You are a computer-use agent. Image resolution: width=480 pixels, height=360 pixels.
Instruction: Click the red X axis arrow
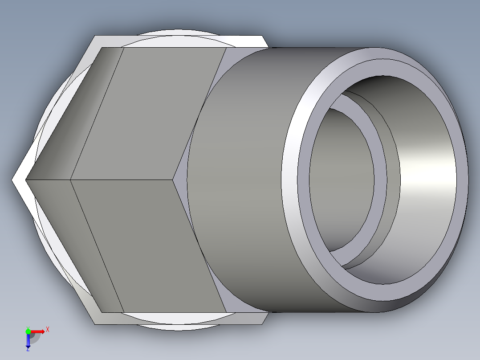click(x=38, y=331)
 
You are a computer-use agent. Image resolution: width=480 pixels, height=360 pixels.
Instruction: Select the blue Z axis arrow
click(x=28, y=340)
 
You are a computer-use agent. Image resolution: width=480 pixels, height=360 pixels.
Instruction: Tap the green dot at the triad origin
click(x=28, y=331)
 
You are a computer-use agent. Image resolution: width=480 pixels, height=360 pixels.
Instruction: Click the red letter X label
click(x=47, y=329)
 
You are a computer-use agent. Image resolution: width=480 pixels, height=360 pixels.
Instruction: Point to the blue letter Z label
click(x=28, y=350)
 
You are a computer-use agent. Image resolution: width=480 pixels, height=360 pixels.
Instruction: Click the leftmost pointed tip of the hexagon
click(x=13, y=180)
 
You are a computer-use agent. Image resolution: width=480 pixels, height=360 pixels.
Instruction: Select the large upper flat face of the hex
click(x=151, y=111)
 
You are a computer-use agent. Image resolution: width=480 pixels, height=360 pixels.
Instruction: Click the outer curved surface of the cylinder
click(x=240, y=178)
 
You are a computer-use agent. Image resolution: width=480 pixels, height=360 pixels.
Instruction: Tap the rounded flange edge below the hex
click(x=178, y=327)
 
